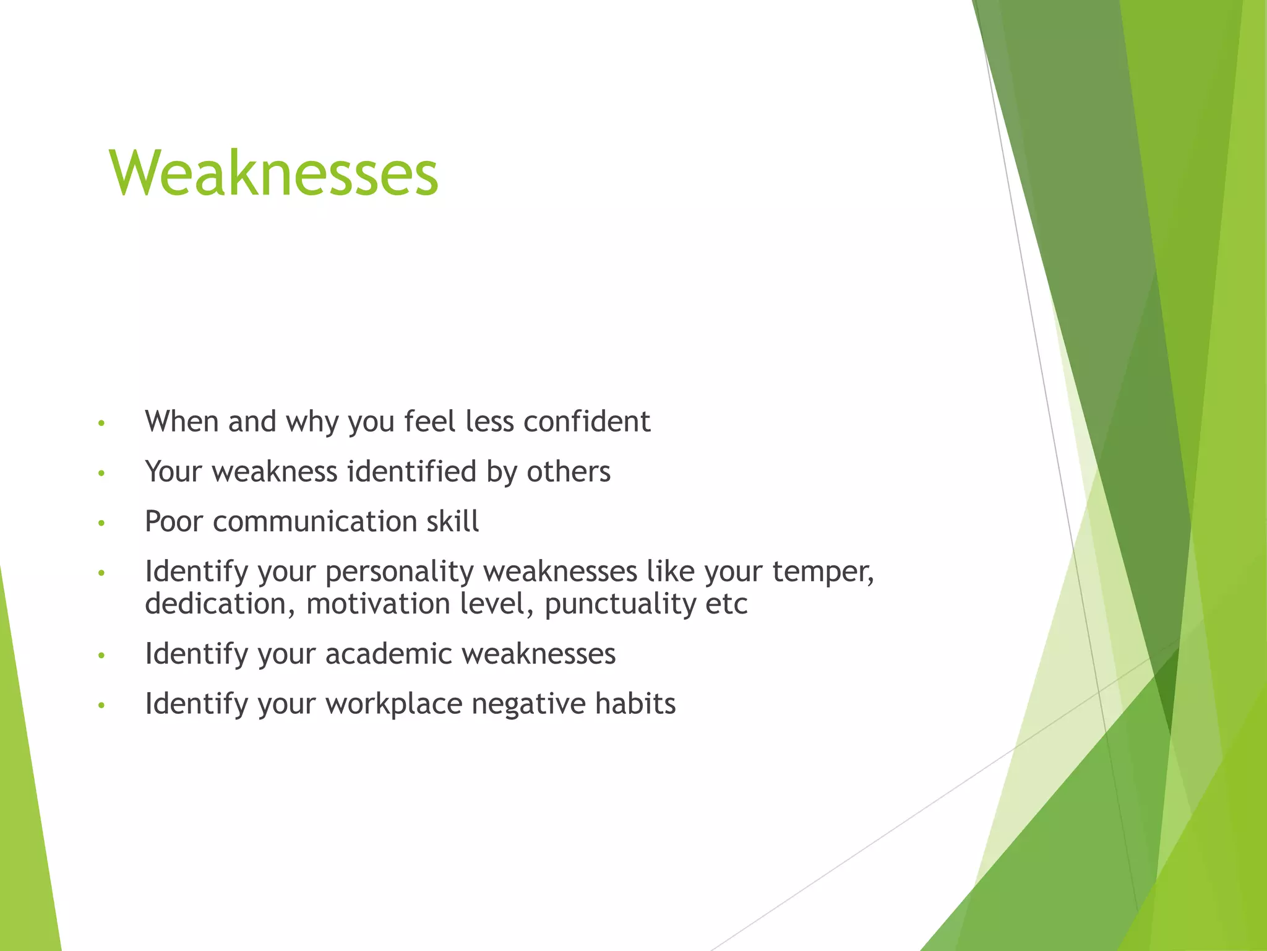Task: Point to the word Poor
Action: [x=174, y=521]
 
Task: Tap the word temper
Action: [x=823, y=571]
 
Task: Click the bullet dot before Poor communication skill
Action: [x=102, y=524]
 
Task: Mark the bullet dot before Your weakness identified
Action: [x=102, y=474]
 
